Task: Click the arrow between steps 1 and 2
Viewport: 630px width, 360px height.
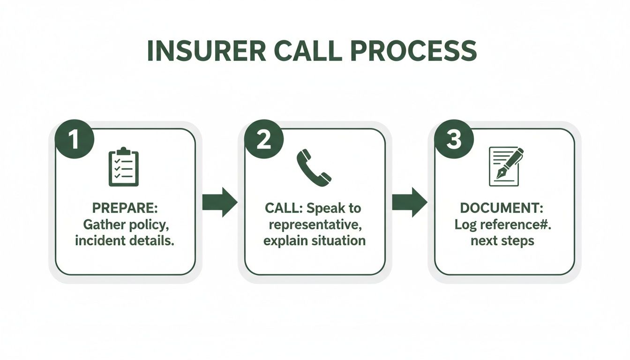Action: click(219, 202)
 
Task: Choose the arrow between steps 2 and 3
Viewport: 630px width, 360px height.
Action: click(409, 202)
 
